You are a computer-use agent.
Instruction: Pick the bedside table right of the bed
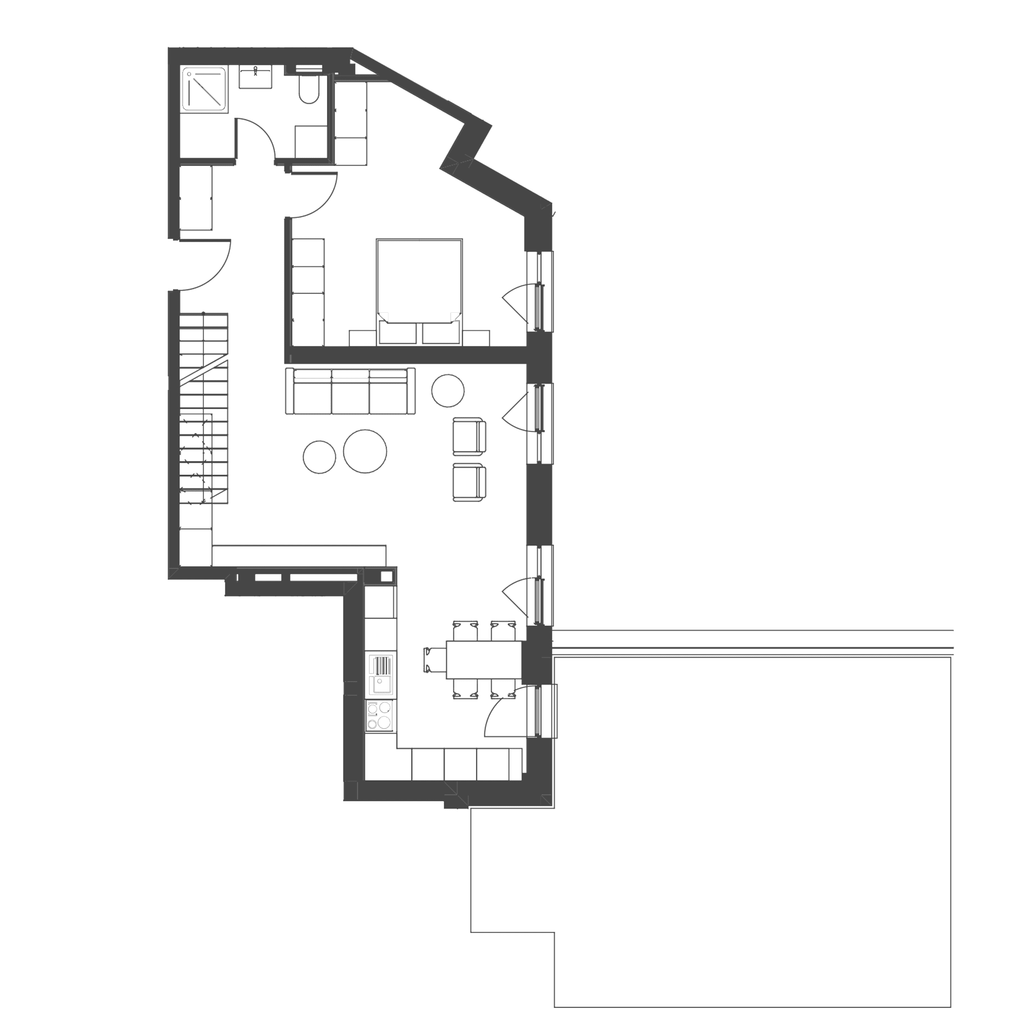[476, 337]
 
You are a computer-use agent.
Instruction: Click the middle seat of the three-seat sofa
[350, 395]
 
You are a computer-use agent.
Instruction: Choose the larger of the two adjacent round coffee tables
[365, 451]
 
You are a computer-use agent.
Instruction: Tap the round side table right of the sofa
[448, 390]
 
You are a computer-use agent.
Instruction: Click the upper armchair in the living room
[469, 436]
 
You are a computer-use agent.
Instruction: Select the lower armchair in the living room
[469, 482]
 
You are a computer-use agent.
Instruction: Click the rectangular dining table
[484, 660]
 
